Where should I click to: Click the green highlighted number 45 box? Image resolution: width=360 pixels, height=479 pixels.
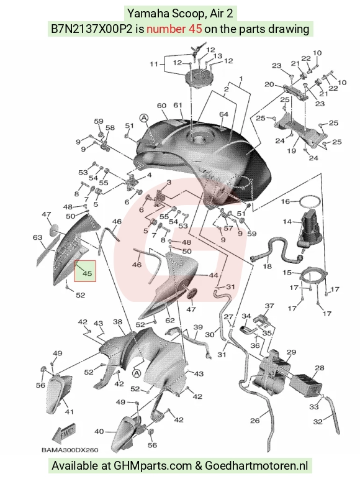pyautogui.click(x=85, y=271)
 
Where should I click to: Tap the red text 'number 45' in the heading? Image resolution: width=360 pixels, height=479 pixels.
pyautogui.click(x=174, y=29)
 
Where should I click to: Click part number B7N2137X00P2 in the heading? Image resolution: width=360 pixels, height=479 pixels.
pyautogui.click(x=91, y=29)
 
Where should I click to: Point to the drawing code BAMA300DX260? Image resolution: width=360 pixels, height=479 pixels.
pyautogui.click(x=70, y=450)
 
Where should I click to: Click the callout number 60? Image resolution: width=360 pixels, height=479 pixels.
pyautogui.click(x=161, y=106)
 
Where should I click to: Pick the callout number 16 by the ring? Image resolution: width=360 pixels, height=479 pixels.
pyautogui.click(x=286, y=201)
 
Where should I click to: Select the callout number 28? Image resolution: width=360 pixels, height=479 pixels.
pyautogui.click(x=320, y=368)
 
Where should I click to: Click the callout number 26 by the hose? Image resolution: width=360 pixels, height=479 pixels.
pyautogui.click(x=254, y=421)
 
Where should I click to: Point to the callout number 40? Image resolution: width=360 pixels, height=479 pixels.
pyautogui.click(x=99, y=431)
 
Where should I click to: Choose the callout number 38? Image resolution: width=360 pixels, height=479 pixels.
pyautogui.click(x=117, y=322)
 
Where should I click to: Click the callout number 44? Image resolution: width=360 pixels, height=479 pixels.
pyautogui.click(x=214, y=275)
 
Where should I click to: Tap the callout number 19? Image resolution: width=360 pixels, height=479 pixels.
pyautogui.click(x=291, y=150)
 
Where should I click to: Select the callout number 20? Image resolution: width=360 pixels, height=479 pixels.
pyautogui.click(x=269, y=84)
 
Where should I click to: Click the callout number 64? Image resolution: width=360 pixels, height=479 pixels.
pyautogui.click(x=223, y=114)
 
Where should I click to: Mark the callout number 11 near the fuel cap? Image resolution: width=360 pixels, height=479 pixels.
pyautogui.click(x=154, y=64)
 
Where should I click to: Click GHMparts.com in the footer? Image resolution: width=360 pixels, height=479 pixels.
pyautogui.click(x=153, y=466)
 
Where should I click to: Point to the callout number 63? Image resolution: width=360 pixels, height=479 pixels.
pyautogui.click(x=37, y=237)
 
